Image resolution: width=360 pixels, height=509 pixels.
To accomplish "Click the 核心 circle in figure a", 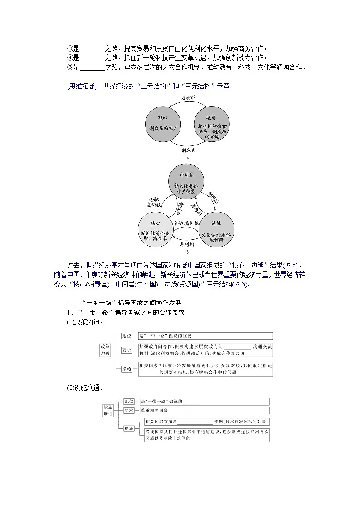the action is pos(163,123).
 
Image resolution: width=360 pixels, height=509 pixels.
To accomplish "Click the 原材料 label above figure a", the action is pos(188,97).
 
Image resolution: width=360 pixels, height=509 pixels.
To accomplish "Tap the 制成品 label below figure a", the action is pos(188,150).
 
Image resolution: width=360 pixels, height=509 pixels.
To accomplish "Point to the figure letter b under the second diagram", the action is pos(187,252).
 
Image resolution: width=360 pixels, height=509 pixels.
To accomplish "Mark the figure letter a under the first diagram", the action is pos(187,157).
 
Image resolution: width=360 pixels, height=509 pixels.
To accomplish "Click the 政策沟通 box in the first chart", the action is pos(105,350).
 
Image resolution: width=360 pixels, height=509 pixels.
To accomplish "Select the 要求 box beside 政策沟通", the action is pos(127,350).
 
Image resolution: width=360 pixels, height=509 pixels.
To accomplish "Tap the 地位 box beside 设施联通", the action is pos(129,402).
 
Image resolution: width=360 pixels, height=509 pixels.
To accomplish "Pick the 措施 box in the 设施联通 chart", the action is pos(129,428).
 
